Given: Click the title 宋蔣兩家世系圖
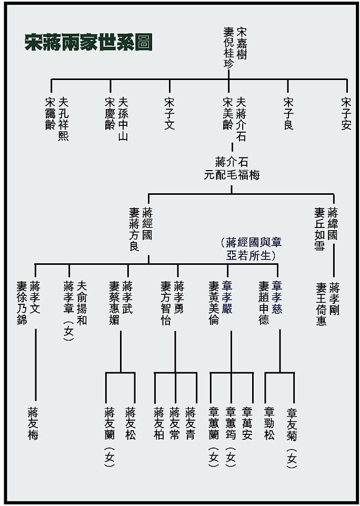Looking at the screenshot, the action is (88, 42).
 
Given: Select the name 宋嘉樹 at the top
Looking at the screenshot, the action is (242, 44).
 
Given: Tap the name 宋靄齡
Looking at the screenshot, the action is (51, 113).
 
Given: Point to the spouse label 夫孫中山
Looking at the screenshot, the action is (123, 119).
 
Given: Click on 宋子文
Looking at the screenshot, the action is (169, 113).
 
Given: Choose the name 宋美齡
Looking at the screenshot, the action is (228, 113).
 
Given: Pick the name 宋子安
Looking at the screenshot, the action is (346, 113).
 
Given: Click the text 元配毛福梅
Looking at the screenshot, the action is (232, 175).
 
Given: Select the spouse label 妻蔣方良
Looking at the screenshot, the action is (134, 230).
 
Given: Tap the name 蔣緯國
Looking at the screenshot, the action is (333, 224).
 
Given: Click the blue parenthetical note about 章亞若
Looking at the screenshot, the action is (251, 249).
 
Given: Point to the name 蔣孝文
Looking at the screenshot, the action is (35, 297).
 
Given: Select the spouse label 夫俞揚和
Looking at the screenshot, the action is (82, 302).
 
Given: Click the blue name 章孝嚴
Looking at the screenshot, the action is (227, 297).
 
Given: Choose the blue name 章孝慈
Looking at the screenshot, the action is (277, 297).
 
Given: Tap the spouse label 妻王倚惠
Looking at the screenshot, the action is (321, 304).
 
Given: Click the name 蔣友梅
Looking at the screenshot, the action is (33, 423).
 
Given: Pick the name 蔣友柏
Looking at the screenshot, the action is (159, 423).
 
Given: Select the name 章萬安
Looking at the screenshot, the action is (247, 423).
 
